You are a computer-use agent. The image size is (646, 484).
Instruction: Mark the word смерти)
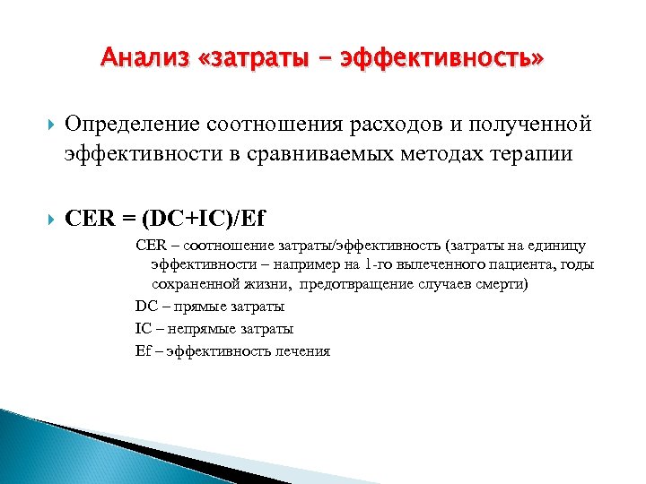pos(503,284)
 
